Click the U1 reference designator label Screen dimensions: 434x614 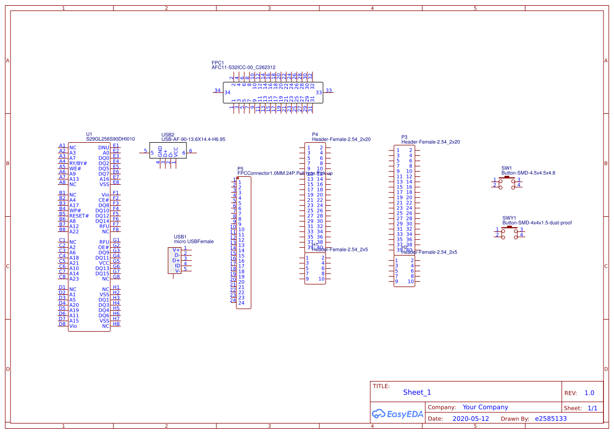pyautogui.click(x=89, y=134)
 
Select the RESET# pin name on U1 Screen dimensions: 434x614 pyautogui.click(x=79, y=216)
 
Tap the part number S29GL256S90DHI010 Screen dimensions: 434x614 pyautogui.click(x=110, y=140)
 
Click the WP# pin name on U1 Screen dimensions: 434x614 pyautogui.click(x=75, y=210)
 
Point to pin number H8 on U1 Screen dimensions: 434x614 pyautogui.click(x=116, y=324)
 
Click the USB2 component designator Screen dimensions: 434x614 pyautogui.click(x=168, y=135)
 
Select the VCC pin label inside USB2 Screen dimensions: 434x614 pyautogui.click(x=176, y=152)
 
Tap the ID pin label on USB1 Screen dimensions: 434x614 pyautogui.click(x=178, y=266)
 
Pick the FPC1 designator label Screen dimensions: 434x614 pyautogui.click(x=217, y=62)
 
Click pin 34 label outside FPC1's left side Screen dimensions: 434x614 pyautogui.click(x=217, y=90)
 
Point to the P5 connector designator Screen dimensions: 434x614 pyautogui.click(x=240, y=169)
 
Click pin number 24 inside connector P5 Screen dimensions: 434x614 pyautogui.click(x=241, y=303)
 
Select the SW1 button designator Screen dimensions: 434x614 pyautogui.click(x=506, y=168)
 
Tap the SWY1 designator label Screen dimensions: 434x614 pyautogui.click(x=509, y=218)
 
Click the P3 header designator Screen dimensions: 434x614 pyautogui.click(x=404, y=137)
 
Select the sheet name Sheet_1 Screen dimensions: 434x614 pyautogui.click(x=417, y=392)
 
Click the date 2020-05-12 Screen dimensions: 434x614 pyautogui.click(x=471, y=419)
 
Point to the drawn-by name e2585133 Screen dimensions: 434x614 pyautogui.click(x=550, y=419)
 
